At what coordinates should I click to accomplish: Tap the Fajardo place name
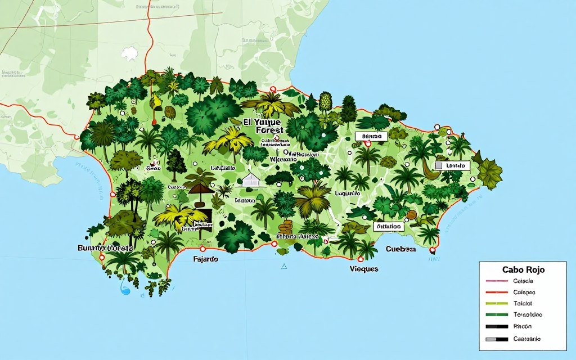(205, 260)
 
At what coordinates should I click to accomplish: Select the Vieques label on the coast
(363, 269)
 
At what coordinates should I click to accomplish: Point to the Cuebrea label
(400, 249)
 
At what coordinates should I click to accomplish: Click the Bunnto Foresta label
(105, 247)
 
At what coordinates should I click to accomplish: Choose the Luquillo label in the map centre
(347, 193)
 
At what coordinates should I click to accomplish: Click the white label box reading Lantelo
(454, 166)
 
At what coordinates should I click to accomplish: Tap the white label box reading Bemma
(371, 136)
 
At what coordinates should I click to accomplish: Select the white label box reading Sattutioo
(389, 226)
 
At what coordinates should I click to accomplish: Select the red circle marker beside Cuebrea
(432, 250)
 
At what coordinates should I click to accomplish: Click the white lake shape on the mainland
(130, 54)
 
